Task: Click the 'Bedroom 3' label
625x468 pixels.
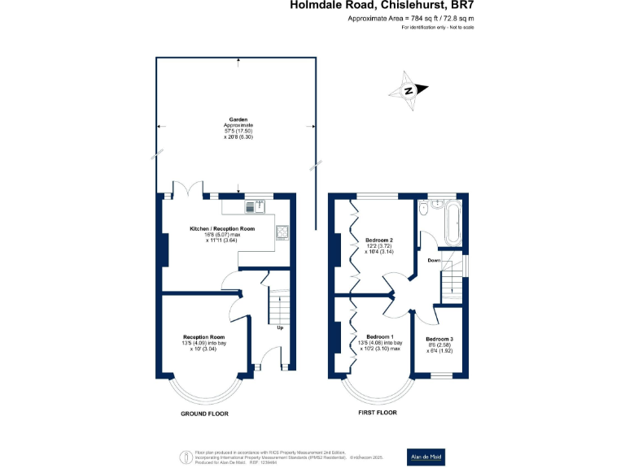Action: (440, 338)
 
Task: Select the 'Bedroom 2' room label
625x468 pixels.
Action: (379, 240)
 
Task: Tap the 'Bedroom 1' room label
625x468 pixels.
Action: (380, 336)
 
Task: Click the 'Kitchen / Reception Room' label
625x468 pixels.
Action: (222, 229)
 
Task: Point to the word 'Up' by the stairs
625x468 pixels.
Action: (280, 328)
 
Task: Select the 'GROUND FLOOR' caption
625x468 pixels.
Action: (204, 414)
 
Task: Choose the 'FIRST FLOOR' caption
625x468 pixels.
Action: (377, 414)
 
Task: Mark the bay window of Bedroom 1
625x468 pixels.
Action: (376, 392)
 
